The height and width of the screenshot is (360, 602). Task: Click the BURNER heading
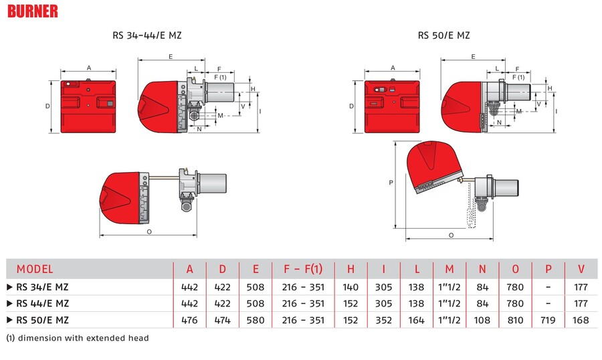(x=34, y=11)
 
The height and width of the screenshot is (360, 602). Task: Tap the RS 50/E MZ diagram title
(x=439, y=35)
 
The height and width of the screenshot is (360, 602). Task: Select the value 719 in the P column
(x=548, y=321)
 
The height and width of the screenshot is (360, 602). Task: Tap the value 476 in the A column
(x=190, y=321)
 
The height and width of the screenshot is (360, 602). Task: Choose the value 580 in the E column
(x=256, y=321)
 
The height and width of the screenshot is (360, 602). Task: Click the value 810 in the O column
(x=515, y=321)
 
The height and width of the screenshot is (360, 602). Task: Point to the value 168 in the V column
(x=581, y=321)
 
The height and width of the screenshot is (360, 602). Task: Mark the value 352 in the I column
(x=383, y=321)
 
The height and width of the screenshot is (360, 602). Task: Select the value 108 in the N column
(x=482, y=321)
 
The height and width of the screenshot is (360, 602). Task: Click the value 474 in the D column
(x=223, y=321)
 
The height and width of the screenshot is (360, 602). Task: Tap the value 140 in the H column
(x=350, y=286)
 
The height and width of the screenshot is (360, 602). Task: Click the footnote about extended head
(x=77, y=338)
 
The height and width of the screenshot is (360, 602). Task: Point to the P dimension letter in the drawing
(x=390, y=181)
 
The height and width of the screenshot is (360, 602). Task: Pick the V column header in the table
(x=581, y=269)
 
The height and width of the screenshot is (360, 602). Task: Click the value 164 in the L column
(x=416, y=321)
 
